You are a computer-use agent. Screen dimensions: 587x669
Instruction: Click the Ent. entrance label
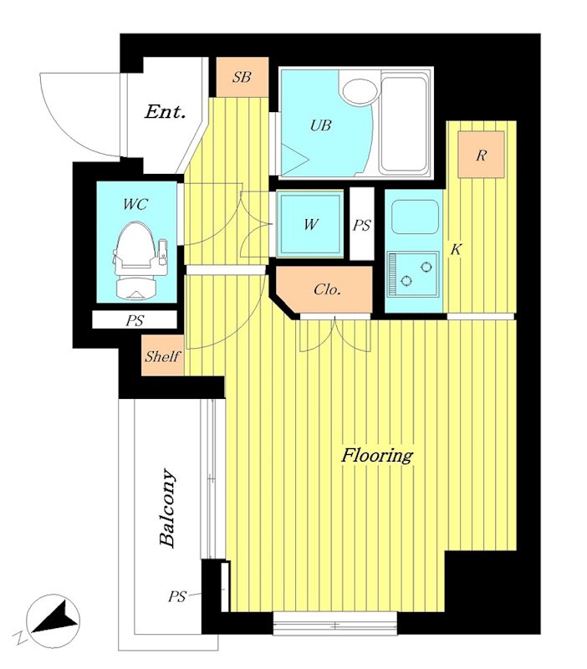point(165,112)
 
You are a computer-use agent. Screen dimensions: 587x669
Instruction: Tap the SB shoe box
point(242,77)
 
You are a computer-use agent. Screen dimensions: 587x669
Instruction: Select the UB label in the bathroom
point(320,125)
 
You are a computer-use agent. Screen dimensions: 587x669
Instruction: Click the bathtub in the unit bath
point(405,124)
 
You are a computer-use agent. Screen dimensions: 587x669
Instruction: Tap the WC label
point(135,204)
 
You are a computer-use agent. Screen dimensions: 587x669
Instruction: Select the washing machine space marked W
point(310,224)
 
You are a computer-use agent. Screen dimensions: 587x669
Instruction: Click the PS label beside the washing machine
point(361,225)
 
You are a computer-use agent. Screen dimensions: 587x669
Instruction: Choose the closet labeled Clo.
point(324,289)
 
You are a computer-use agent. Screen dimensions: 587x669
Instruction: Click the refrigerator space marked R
point(481,155)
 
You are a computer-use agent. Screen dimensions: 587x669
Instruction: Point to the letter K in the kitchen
point(456,249)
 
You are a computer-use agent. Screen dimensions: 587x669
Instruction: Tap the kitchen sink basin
point(415,217)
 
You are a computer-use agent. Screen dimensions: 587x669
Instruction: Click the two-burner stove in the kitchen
point(412,274)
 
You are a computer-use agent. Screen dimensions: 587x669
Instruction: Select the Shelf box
point(162,356)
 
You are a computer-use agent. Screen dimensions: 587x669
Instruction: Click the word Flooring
point(377,456)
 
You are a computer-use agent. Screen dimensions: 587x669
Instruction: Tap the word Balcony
point(167,508)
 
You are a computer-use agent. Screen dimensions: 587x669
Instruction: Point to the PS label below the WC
point(135,321)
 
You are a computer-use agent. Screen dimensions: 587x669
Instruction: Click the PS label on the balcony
point(176,596)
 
